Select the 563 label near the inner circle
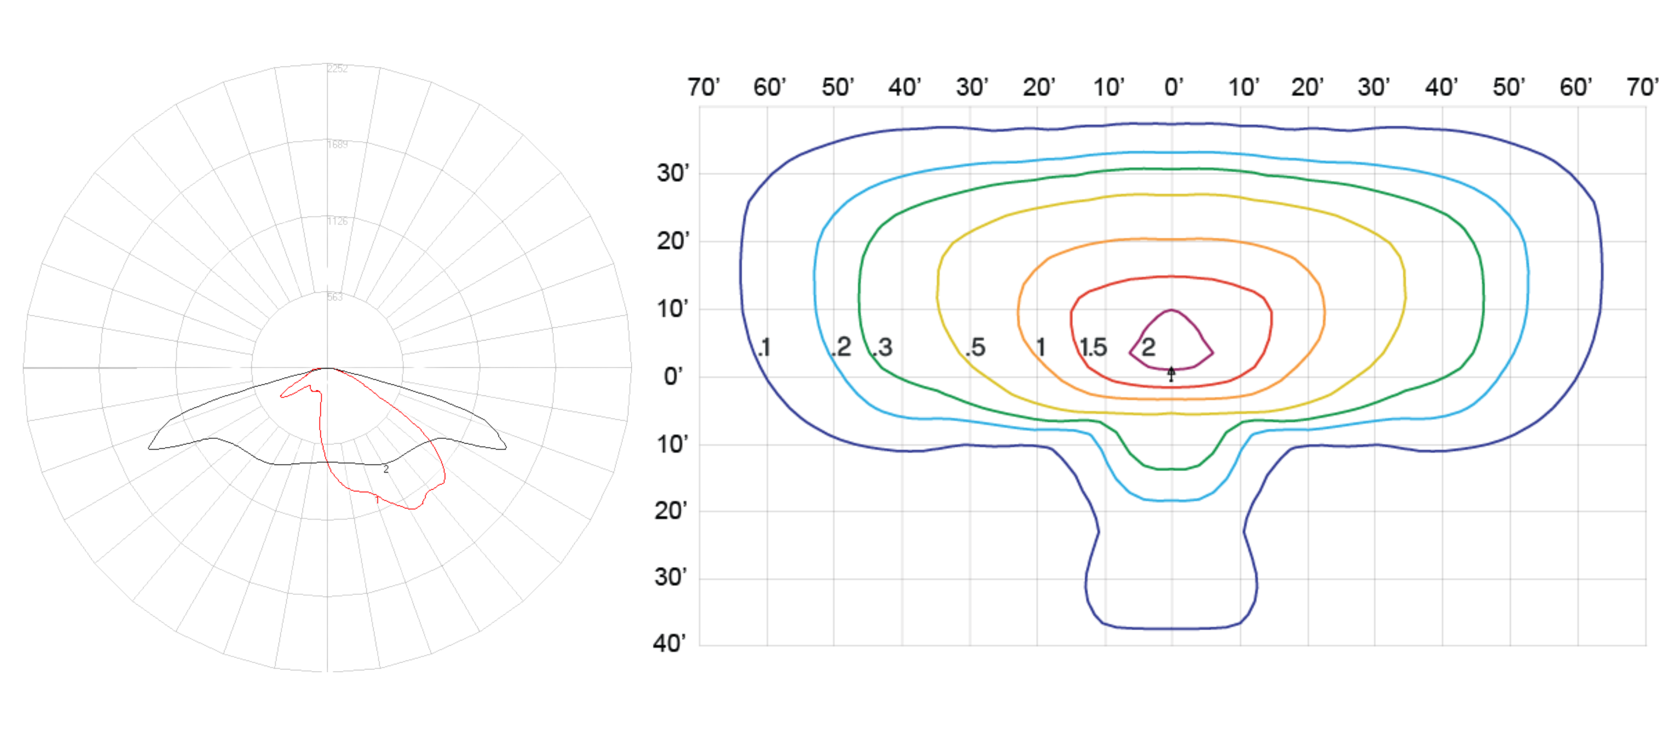pos(335,297)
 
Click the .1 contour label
pos(764,348)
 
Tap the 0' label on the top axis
pos(1174,87)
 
